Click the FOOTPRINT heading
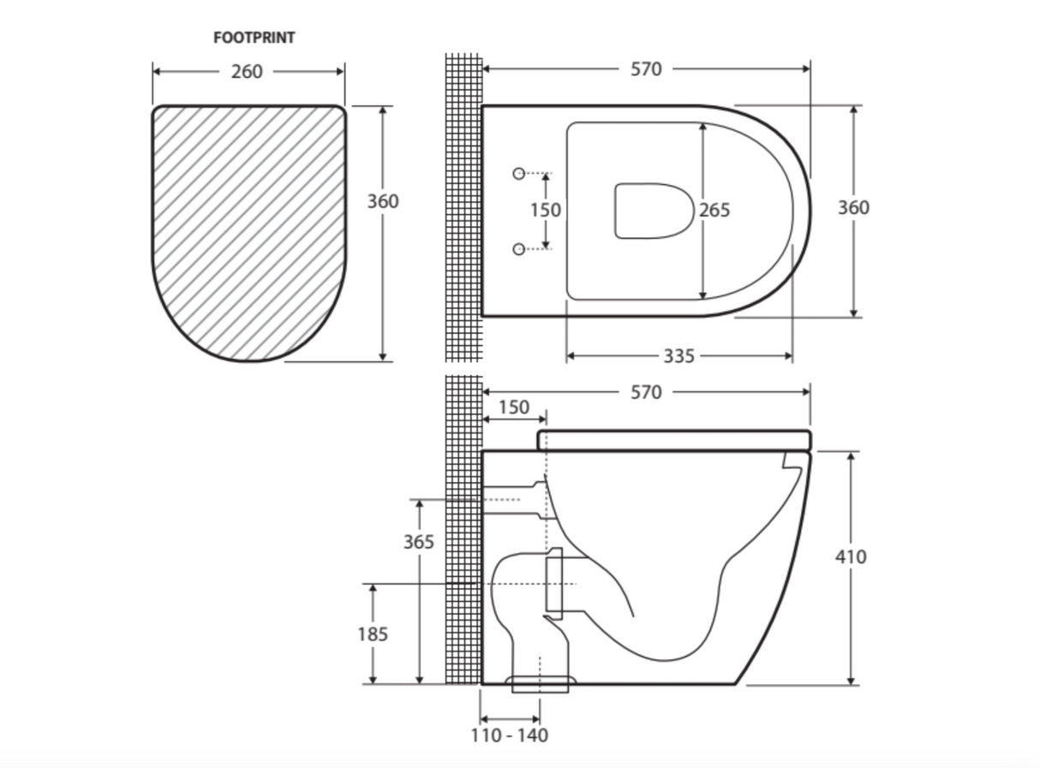(254, 38)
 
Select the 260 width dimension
(247, 72)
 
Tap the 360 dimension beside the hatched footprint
(383, 201)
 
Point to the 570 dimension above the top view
(646, 69)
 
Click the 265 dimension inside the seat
(714, 210)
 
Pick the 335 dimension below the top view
(678, 355)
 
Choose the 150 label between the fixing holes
(546, 210)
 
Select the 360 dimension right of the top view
(853, 207)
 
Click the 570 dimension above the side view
(646, 392)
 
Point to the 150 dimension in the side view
(514, 408)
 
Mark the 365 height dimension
(420, 542)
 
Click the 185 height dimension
(374, 634)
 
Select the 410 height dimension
(851, 557)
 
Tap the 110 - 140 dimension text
(510, 735)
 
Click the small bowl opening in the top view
(654, 211)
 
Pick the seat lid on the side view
(673, 440)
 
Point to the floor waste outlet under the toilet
(542, 683)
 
